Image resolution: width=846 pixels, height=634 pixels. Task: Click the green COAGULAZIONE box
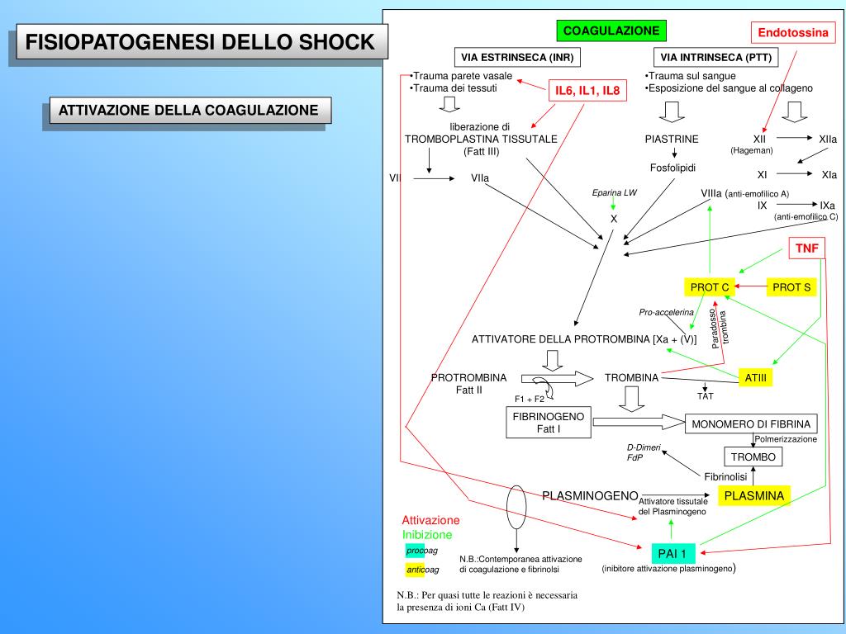[x=611, y=31]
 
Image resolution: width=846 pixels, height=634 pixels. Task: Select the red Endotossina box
[x=793, y=33]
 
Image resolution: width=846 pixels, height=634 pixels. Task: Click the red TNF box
[x=806, y=248]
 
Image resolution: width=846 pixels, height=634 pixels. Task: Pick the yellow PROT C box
[x=710, y=287]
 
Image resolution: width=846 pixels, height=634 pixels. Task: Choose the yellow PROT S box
[x=791, y=287]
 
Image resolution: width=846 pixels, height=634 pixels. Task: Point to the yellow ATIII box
[x=755, y=377]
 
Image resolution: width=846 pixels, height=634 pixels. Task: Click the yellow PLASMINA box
[x=753, y=495]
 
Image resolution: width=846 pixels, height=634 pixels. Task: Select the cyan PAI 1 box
[x=672, y=553]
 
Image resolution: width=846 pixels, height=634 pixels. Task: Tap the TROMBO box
[x=753, y=457]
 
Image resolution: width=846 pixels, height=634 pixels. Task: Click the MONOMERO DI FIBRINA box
[x=752, y=424]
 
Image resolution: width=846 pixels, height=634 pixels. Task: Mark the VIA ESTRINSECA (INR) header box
[x=517, y=57]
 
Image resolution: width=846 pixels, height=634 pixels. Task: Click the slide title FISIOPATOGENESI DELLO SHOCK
[x=199, y=42]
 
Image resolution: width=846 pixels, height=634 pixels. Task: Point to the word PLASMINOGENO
[x=590, y=495]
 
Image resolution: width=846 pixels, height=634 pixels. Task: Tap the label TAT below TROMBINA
[x=705, y=396]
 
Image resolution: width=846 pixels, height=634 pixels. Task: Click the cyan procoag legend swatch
[x=413, y=551]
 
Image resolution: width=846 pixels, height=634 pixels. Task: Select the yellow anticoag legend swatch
[x=413, y=570]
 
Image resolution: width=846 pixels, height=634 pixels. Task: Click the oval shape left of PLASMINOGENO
[x=516, y=499]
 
